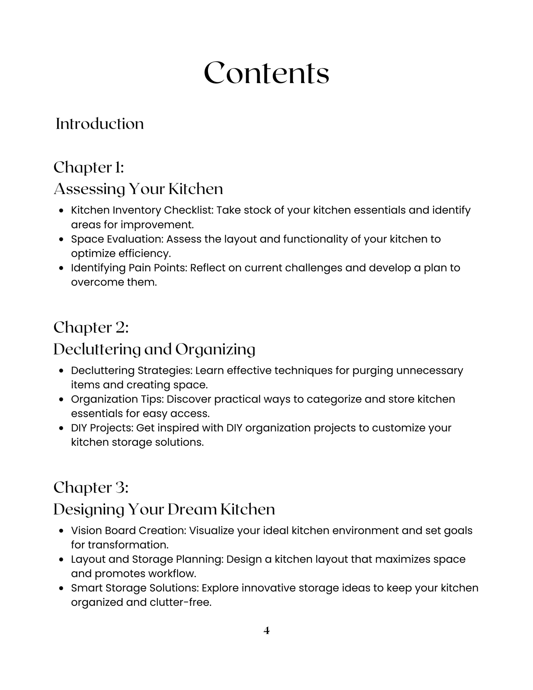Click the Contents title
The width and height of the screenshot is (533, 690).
266,73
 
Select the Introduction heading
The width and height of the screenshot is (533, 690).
100,124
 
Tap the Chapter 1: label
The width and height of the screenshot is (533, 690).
89,168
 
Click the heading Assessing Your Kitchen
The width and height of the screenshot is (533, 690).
138,189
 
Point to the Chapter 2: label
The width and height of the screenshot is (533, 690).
91,328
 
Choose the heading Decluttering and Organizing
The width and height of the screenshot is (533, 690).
154,349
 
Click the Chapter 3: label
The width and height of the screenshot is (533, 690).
91,488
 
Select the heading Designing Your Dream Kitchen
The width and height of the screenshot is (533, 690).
164,509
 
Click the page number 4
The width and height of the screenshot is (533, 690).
267,631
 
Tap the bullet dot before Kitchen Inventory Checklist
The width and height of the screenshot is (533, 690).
62,210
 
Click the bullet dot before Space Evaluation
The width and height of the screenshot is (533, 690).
62,239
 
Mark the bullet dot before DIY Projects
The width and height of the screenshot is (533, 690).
62,428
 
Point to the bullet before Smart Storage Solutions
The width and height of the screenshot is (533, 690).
62,588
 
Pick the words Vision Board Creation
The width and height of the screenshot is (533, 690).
128,531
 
